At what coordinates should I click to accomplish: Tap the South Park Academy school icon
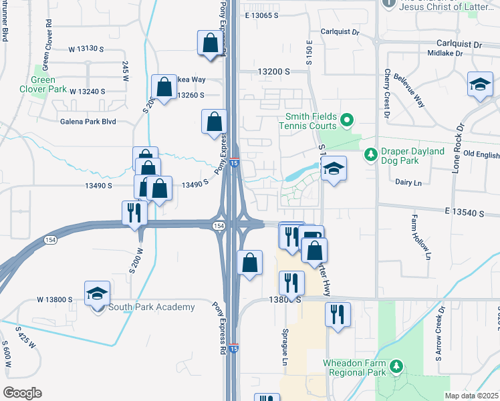pyautogui.click(x=97, y=293)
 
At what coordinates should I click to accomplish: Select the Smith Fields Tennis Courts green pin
pyautogui.click(x=346, y=120)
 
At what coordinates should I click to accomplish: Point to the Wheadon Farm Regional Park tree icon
pyautogui.click(x=396, y=366)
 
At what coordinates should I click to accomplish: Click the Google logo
pyautogui.click(x=22, y=393)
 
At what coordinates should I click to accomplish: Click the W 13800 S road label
pyautogui.click(x=55, y=300)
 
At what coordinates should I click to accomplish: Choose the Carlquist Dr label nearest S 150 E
pyautogui.click(x=340, y=31)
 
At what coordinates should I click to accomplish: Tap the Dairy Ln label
pyautogui.click(x=408, y=182)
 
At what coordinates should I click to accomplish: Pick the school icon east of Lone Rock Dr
pyautogui.click(x=480, y=84)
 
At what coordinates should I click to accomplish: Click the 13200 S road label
pyautogui.click(x=275, y=71)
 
